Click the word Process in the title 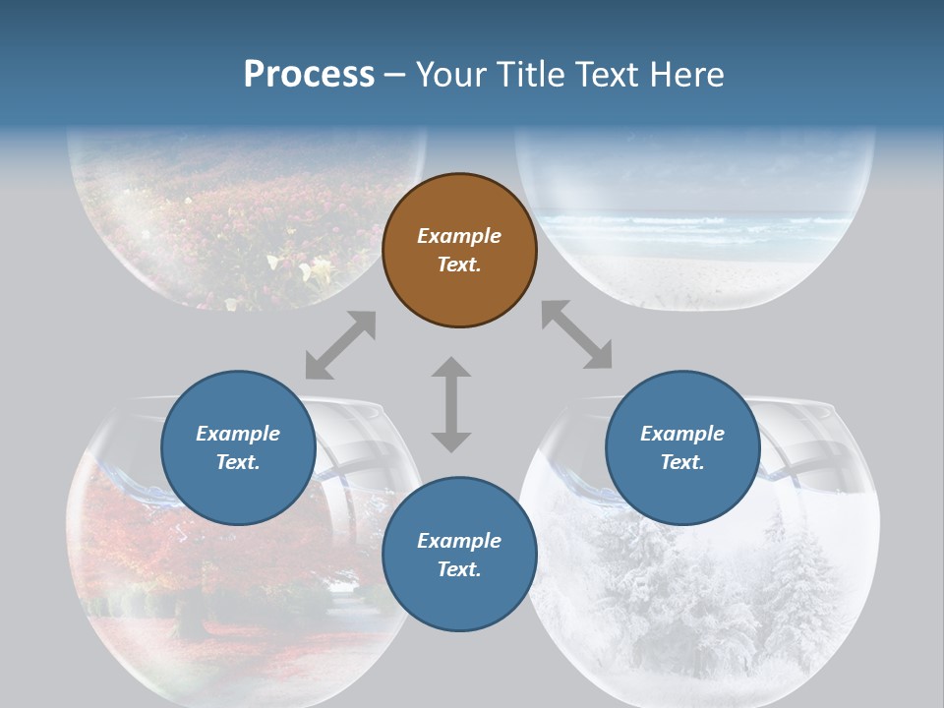(309, 74)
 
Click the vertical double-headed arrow (451, 404)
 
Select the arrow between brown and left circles (340, 345)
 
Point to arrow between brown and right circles (577, 335)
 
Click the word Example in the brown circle (459, 236)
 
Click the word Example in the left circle (238, 434)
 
